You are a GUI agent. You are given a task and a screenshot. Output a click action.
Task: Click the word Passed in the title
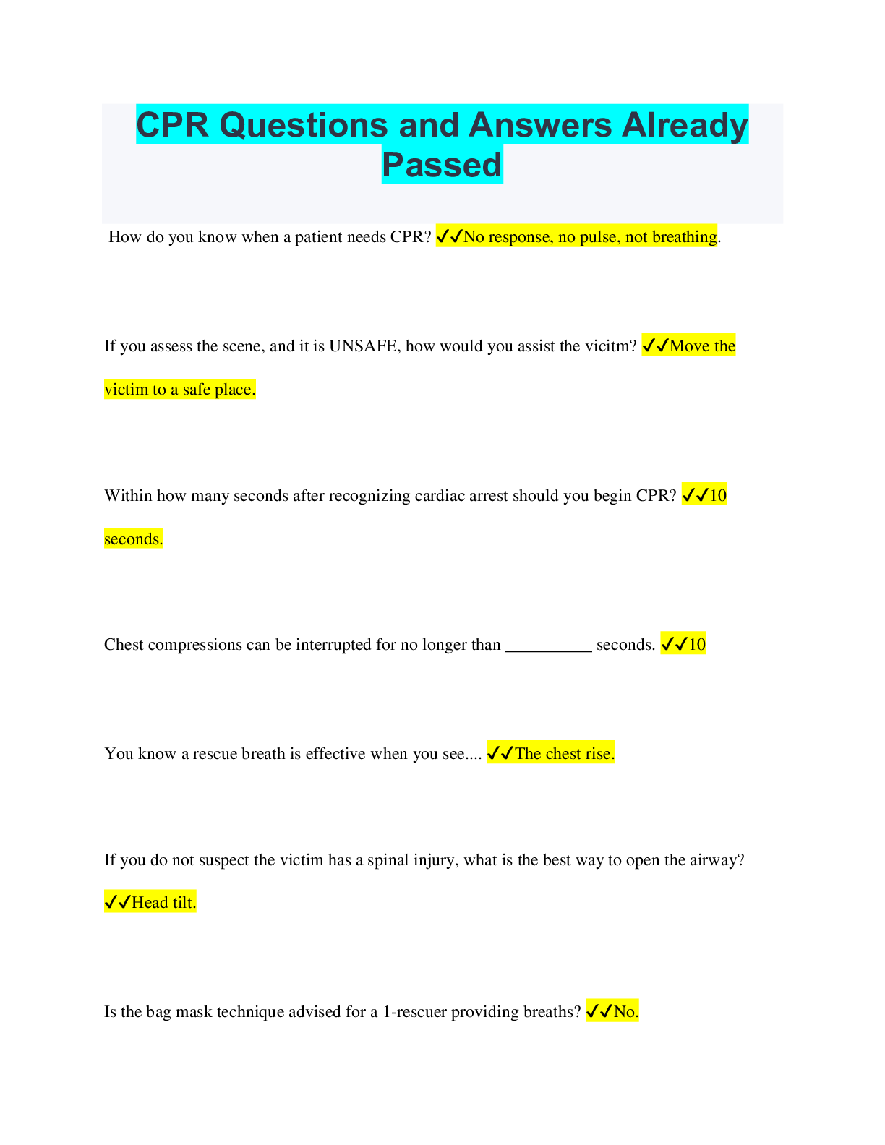[442, 165]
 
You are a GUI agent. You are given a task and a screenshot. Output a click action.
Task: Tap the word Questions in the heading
[304, 125]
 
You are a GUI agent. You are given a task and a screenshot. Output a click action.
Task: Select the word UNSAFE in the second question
[363, 346]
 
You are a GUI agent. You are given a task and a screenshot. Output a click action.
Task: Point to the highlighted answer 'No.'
[626, 1011]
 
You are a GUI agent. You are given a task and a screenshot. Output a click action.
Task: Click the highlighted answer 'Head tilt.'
[164, 903]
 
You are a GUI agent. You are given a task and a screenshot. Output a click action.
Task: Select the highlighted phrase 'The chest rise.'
[565, 753]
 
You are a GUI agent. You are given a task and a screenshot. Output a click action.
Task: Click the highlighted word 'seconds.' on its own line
[133, 539]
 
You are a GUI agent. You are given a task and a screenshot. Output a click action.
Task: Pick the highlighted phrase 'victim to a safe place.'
[180, 390]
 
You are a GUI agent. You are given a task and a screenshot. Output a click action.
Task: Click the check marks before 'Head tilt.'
[118, 903]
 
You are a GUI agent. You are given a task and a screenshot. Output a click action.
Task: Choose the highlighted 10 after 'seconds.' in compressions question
[697, 644]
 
